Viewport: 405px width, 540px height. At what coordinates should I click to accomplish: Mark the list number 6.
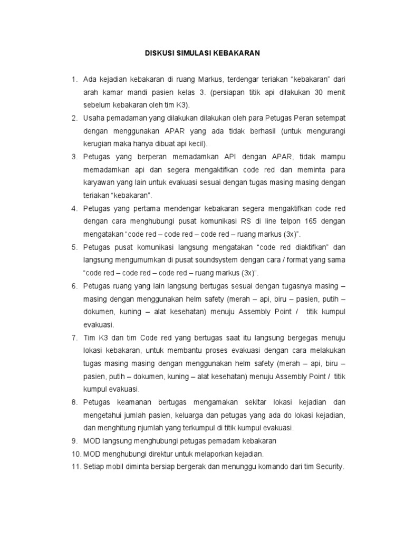point(74,286)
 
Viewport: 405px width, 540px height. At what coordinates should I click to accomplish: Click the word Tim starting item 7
point(89,337)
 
